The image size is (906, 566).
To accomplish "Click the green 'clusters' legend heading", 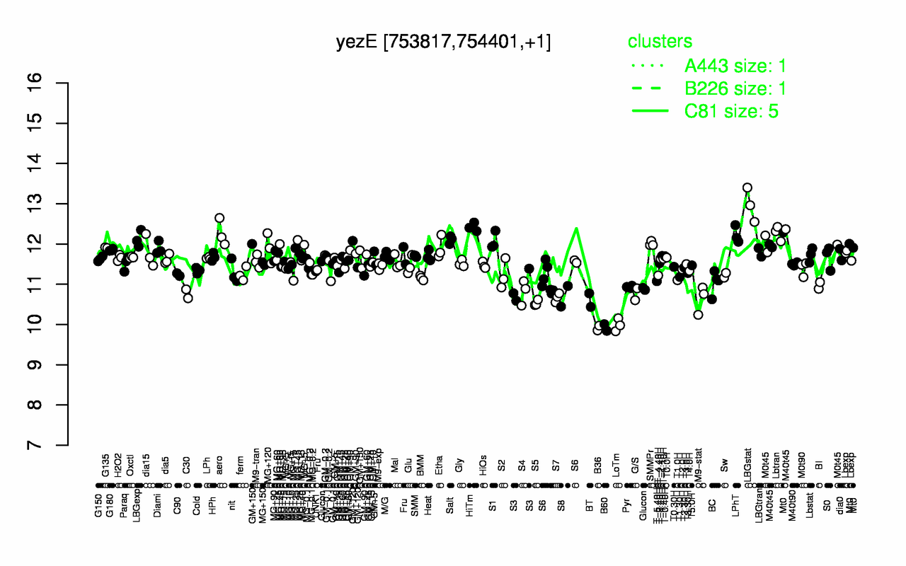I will click(x=660, y=42).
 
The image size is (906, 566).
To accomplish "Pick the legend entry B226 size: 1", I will click(x=735, y=88).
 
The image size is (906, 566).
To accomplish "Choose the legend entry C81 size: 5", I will click(x=735, y=111).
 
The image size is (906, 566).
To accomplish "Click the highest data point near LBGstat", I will click(x=747, y=188).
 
